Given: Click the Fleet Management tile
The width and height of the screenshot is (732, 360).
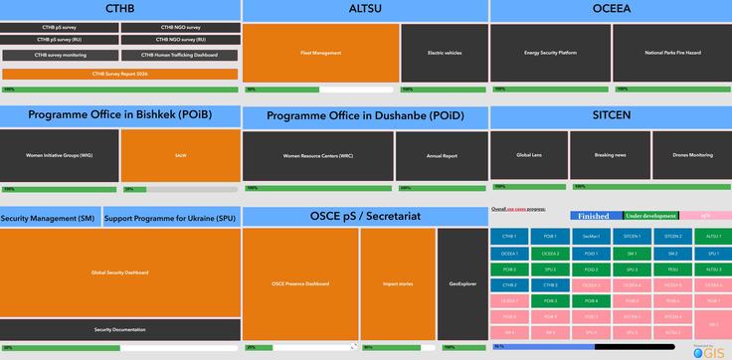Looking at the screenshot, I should coord(320,53).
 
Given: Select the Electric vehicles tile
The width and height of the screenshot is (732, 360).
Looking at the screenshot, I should coord(445,53).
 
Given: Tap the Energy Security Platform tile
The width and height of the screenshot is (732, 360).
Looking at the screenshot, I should coord(550,53).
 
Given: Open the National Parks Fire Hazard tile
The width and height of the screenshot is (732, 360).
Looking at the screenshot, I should coord(671,53).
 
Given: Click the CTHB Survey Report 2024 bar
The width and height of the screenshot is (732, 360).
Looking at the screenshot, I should coord(119,74).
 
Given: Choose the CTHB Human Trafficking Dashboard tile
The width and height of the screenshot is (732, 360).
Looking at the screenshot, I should coord(179,55).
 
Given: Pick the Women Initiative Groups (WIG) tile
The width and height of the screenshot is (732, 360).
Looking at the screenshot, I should coord(60,156).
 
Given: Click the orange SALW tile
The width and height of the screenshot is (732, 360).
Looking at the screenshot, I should coord(180,156).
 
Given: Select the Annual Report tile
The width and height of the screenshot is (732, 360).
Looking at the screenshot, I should coord(442,156).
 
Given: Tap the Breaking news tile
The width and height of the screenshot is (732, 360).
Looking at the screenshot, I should coord(610,155).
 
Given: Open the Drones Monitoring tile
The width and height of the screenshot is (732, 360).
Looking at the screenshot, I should coord(692,155).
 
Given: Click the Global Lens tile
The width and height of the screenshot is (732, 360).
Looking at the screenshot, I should coord(529,155).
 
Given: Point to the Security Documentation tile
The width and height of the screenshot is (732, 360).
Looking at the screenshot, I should coord(120,329).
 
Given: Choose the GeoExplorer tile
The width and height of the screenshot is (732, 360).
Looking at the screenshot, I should coord(462,284).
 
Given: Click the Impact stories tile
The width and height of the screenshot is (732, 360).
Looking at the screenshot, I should coord(398,284).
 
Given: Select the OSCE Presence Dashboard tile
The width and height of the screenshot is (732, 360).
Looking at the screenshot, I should coord(300,284).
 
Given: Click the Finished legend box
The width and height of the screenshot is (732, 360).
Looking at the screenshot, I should coord(595,216).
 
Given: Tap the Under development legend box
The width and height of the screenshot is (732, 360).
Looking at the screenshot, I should coord(651,216).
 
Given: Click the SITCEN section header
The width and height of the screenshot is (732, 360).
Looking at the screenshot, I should coord(611,115).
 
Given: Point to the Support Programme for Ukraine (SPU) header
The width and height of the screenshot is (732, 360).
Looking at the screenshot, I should coord(170,218).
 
